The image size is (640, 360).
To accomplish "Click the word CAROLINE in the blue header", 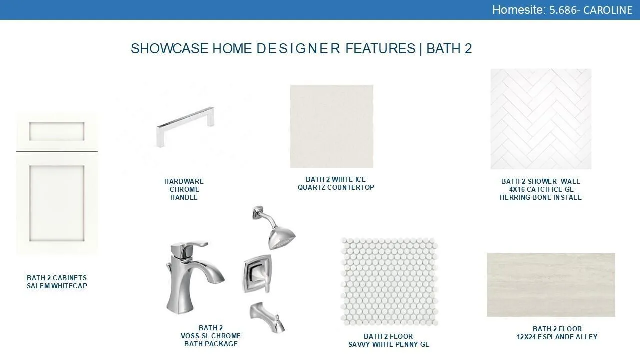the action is click(x=607, y=10).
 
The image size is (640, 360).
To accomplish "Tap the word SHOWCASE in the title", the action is click(x=169, y=48).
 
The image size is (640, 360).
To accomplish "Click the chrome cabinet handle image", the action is click(x=185, y=127).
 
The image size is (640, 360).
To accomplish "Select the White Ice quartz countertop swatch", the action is click(x=331, y=126).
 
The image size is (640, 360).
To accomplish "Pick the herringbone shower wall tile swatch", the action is click(x=541, y=119).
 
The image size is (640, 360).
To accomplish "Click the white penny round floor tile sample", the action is click(x=389, y=281).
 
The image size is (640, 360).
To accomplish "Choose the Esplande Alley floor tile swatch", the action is click(x=551, y=285).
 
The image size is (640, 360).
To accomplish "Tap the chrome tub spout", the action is click(x=267, y=317).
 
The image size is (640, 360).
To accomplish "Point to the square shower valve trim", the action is click(x=257, y=273).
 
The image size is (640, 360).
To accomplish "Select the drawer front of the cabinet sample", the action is click(x=57, y=131).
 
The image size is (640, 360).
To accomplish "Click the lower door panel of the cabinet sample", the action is click(x=57, y=203).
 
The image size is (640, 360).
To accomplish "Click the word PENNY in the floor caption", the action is click(x=407, y=344).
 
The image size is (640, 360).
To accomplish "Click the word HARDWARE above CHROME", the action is click(x=184, y=181).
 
